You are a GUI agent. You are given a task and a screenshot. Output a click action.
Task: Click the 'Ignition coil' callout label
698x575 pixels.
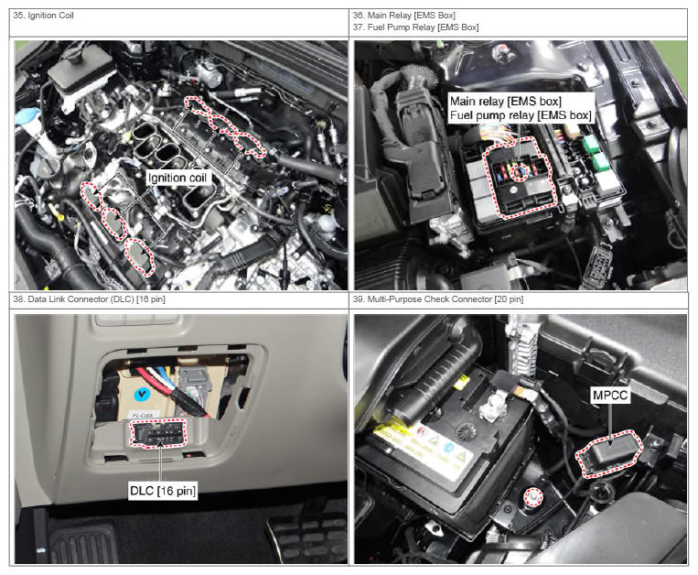(177, 179)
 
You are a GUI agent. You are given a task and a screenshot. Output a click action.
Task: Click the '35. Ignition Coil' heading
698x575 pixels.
(43, 16)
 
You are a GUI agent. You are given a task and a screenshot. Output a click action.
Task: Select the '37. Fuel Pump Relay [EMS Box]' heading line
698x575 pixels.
(415, 27)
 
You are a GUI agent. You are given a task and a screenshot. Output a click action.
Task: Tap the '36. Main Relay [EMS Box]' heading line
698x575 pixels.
(404, 16)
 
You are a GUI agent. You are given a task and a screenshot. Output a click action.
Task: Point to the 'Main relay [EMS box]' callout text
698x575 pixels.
(506, 102)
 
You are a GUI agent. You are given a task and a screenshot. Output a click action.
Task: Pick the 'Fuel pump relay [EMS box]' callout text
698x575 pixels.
(521, 115)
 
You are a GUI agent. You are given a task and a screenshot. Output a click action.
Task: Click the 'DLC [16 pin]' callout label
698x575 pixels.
(163, 491)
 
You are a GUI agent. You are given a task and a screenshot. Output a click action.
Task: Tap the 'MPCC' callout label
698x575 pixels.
(610, 395)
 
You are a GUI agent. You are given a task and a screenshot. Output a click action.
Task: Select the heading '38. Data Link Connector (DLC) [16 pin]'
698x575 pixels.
(89, 299)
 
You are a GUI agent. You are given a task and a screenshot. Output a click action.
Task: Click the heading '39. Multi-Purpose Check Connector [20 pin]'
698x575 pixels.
(438, 299)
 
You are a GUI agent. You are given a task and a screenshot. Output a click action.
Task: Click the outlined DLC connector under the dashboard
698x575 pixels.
(158, 433)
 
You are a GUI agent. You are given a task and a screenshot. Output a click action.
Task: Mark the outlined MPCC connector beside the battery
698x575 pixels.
(608, 453)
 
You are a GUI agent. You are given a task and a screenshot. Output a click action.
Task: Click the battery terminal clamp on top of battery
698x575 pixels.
(490, 407)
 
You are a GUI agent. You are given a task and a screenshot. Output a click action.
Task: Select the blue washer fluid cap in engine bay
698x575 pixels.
(27, 117)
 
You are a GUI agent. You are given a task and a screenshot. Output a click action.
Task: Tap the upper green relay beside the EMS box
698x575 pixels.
(590, 143)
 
